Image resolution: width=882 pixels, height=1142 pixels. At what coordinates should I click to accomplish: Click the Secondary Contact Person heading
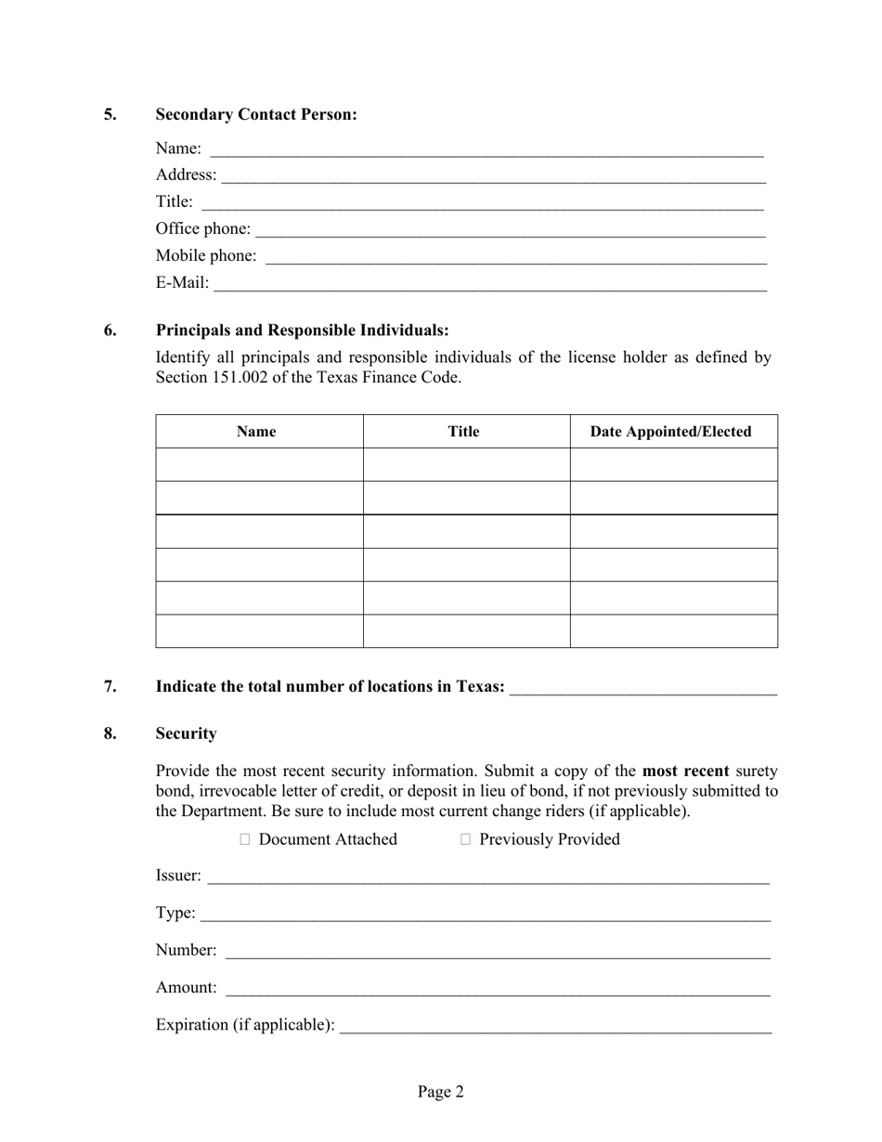[256, 114]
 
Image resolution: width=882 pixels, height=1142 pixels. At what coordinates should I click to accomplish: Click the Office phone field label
[202, 228]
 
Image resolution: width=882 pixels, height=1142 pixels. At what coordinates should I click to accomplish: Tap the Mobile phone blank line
[515, 257]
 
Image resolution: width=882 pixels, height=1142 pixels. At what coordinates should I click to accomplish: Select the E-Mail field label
[182, 282]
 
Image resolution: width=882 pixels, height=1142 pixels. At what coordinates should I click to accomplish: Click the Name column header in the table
[256, 432]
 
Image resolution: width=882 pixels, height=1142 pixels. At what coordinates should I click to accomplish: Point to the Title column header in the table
[463, 432]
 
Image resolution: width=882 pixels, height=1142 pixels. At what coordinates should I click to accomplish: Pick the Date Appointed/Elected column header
[671, 432]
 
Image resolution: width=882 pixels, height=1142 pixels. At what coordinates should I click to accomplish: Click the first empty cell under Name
[259, 464]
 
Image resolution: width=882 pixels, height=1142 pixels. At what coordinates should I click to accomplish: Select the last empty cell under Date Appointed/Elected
[673, 631]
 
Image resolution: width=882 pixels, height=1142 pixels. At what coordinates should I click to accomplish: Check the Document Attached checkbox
[245, 839]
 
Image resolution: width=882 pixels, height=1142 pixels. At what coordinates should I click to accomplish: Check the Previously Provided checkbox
[466, 839]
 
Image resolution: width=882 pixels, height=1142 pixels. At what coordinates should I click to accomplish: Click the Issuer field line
[487, 876]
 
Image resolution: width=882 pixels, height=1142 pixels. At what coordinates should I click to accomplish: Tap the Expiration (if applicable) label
[245, 1025]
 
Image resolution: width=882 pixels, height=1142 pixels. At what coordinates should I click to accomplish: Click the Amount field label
[186, 988]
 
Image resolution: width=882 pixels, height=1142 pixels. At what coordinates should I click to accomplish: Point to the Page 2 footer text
[440, 1092]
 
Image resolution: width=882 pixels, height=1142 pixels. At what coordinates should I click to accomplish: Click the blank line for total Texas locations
[642, 688]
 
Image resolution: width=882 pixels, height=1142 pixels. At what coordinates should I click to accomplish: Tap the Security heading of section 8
[186, 733]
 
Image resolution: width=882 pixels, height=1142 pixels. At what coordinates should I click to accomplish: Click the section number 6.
[110, 331]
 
